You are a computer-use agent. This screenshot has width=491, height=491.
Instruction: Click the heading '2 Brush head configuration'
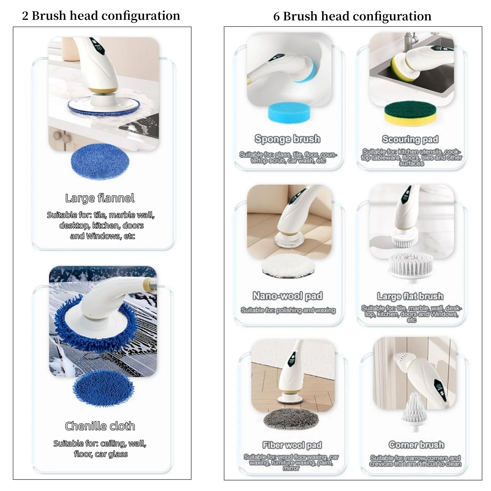pyautogui.click(x=101, y=16)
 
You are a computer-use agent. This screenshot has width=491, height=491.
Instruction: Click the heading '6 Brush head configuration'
pyautogui.click(x=352, y=16)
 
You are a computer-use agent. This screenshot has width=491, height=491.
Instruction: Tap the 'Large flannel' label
pyautogui.click(x=100, y=198)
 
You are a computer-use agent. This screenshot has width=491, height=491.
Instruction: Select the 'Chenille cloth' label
pyautogui.click(x=100, y=426)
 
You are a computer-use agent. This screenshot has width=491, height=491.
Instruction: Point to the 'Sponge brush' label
pyautogui.click(x=287, y=139)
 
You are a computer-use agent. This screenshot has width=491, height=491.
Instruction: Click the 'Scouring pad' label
pyautogui.click(x=410, y=139)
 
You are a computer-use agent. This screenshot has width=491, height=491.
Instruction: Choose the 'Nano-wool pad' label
pyautogui.click(x=288, y=296)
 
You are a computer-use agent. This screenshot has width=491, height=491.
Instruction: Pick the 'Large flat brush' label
pyautogui.click(x=410, y=296)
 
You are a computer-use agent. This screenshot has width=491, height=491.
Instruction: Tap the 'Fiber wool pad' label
pyautogui.click(x=292, y=445)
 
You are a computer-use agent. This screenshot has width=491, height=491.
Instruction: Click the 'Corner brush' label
pyautogui.click(x=416, y=445)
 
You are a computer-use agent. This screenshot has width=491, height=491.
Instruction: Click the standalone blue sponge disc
pyautogui.click(x=289, y=112)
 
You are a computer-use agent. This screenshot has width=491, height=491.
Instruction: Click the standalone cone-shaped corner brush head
pyautogui.click(x=414, y=412)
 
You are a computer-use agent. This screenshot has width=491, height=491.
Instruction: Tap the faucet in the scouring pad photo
pyautogui.click(x=410, y=42)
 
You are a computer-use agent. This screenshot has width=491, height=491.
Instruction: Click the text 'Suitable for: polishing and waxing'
pyautogui.click(x=288, y=310)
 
